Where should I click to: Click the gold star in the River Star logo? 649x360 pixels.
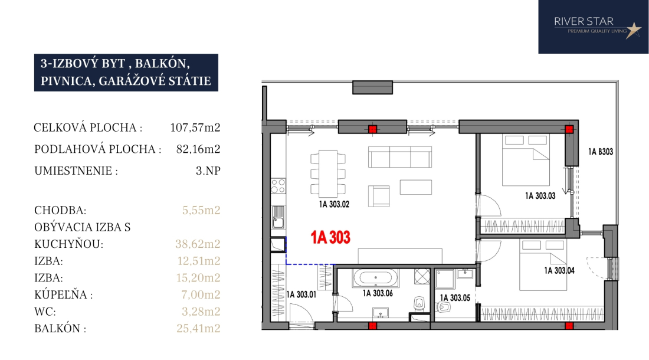point(633,30)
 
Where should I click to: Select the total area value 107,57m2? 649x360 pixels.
point(195,127)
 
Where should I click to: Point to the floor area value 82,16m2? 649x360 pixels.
point(198,149)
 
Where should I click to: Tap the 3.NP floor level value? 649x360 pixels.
point(208,171)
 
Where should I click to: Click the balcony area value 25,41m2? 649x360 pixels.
point(198,328)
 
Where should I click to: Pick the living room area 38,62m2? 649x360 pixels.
point(198,244)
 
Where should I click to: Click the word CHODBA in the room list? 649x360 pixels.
point(60,210)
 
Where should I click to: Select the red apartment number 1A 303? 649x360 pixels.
point(330,237)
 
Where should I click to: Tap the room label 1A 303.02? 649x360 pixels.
point(334,204)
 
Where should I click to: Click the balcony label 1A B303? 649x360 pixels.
point(600,152)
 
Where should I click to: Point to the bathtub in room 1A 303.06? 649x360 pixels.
point(376,277)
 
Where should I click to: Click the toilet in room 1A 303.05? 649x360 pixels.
point(443,307)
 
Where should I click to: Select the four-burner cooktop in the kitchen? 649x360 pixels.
point(278,186)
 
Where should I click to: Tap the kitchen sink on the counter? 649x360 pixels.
point(278,217)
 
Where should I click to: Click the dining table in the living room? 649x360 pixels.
point(328,174)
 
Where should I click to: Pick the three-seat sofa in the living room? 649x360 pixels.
point(400,157)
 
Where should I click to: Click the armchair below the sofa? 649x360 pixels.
point(379,196)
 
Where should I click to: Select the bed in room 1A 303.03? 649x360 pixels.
point(526,160)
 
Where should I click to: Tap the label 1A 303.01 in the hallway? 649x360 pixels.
point(301,294)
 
